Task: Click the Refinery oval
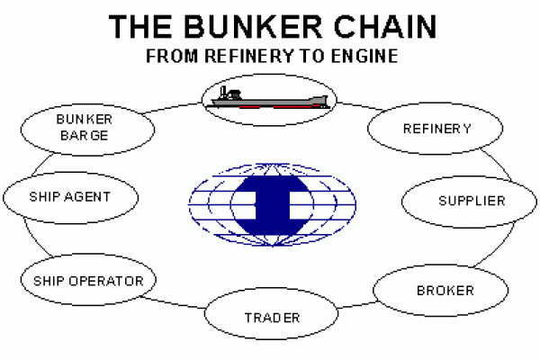[x=436, y=129]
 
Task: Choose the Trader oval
[x=272, y=317]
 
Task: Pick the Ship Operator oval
[x=86, y=281]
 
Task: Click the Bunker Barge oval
[x=82, y=128]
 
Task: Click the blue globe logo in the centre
[x=272, y=200]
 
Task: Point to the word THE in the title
[x=140, y=27]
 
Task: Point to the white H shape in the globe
[x=272, y=200]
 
